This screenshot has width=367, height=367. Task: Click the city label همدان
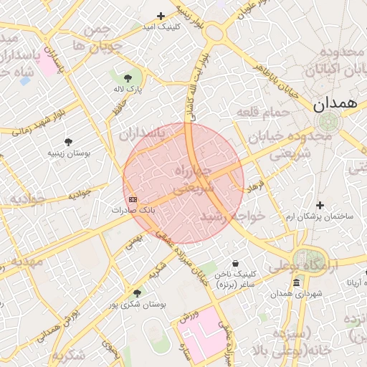tap(335, 103)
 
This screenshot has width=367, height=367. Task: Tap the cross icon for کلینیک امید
tap(161, 16)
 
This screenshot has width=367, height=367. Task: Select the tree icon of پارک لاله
tap(128, 77)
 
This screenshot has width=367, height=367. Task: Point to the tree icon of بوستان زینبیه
tap(68, 142)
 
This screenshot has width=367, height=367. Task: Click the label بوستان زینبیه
tap(67, 153)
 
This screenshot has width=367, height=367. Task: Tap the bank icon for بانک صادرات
tap(133, 199)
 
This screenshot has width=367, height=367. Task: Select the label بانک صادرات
tap(133, 211)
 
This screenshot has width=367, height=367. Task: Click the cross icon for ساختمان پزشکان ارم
tap(320, 206)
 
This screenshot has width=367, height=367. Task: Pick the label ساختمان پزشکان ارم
tap(320, 216)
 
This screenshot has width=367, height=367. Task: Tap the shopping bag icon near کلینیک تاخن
tap(236, 263)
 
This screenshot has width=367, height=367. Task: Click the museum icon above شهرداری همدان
tap(296, 284)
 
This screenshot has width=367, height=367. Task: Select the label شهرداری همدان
tap(296, 295)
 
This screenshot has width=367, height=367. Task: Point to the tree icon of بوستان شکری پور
tap(137, 293)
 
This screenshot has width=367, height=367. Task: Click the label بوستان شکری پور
tap(138, 305)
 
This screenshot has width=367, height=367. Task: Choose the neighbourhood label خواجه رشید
tap(233, 215)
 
